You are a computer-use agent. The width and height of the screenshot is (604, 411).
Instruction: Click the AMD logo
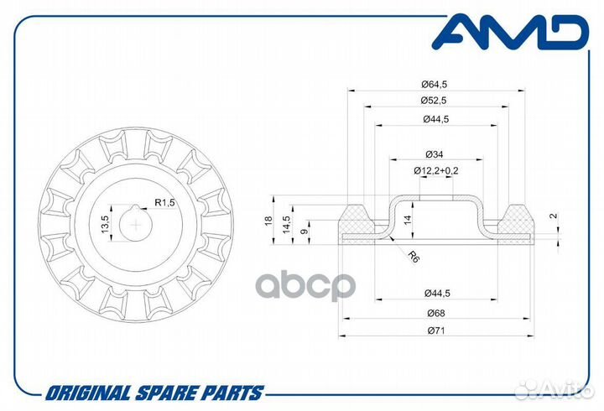[510, 32]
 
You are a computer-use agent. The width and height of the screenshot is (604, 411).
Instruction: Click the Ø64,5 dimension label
[435, 84]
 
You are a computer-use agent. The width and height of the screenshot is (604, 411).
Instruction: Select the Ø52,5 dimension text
[434, 101]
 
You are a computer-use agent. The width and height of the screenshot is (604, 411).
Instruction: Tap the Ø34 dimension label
[435, 154]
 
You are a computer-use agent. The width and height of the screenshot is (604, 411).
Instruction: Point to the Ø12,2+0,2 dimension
[436, 170]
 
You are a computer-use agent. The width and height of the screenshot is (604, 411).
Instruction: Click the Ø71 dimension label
[436, 330]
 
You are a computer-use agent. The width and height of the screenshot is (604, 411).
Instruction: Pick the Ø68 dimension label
[436, 313]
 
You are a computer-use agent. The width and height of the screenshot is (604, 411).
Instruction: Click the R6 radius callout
[414, 257]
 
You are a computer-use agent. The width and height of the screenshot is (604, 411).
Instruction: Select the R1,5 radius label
[165, 202]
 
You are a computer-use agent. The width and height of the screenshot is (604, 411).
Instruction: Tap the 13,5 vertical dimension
[105, 224]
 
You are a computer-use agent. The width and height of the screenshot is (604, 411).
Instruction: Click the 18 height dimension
[268, 221]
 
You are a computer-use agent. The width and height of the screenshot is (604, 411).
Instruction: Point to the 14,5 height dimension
[287, 224]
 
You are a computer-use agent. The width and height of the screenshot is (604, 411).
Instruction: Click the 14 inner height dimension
[408, 220]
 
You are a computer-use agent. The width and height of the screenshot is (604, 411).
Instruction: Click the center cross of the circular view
[136, 224]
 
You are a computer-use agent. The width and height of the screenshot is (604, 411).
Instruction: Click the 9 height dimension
[305, 232]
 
